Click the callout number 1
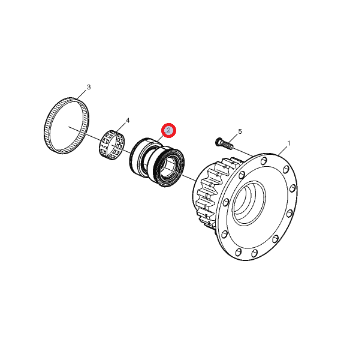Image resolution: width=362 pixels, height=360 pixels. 288,143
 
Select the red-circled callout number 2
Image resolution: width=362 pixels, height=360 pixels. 168,130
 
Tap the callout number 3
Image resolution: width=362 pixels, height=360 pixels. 89,87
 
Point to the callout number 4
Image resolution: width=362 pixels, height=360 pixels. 128,121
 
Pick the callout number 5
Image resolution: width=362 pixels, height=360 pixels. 240,131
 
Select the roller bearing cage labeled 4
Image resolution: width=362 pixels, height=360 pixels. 111,145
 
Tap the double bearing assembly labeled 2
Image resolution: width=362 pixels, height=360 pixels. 157,162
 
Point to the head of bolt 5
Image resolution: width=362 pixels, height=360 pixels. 219,142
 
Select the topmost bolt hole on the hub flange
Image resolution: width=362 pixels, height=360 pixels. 264,161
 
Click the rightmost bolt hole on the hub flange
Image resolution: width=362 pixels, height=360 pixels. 292,188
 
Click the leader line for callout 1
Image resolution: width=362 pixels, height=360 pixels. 282,151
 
